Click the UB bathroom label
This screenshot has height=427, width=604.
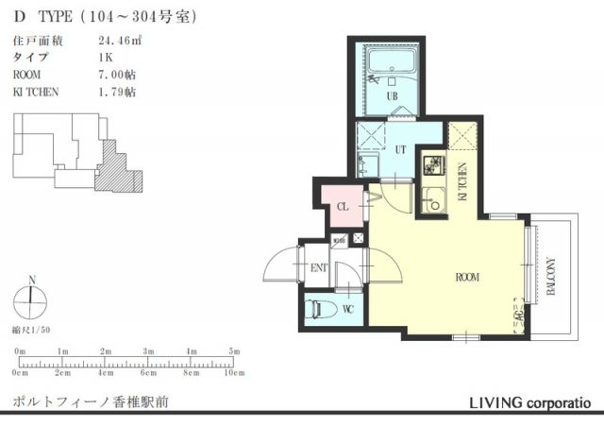coord(391,95)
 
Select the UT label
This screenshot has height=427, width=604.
coord(400,149)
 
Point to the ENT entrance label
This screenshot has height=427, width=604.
coord(319,268)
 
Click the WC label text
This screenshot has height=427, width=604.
coord(347,310)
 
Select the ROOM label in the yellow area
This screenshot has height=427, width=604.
coord(466,278)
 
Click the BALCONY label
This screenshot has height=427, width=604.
coord(550,278)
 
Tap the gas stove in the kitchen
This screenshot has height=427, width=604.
coord(433,169)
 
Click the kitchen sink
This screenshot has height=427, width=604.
coord(434,199)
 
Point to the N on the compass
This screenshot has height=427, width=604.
coord(31,280)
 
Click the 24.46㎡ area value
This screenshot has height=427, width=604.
coord(119,41)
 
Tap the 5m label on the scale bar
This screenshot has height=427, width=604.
coord(233,351)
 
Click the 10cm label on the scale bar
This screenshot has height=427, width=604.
coord(233,374)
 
